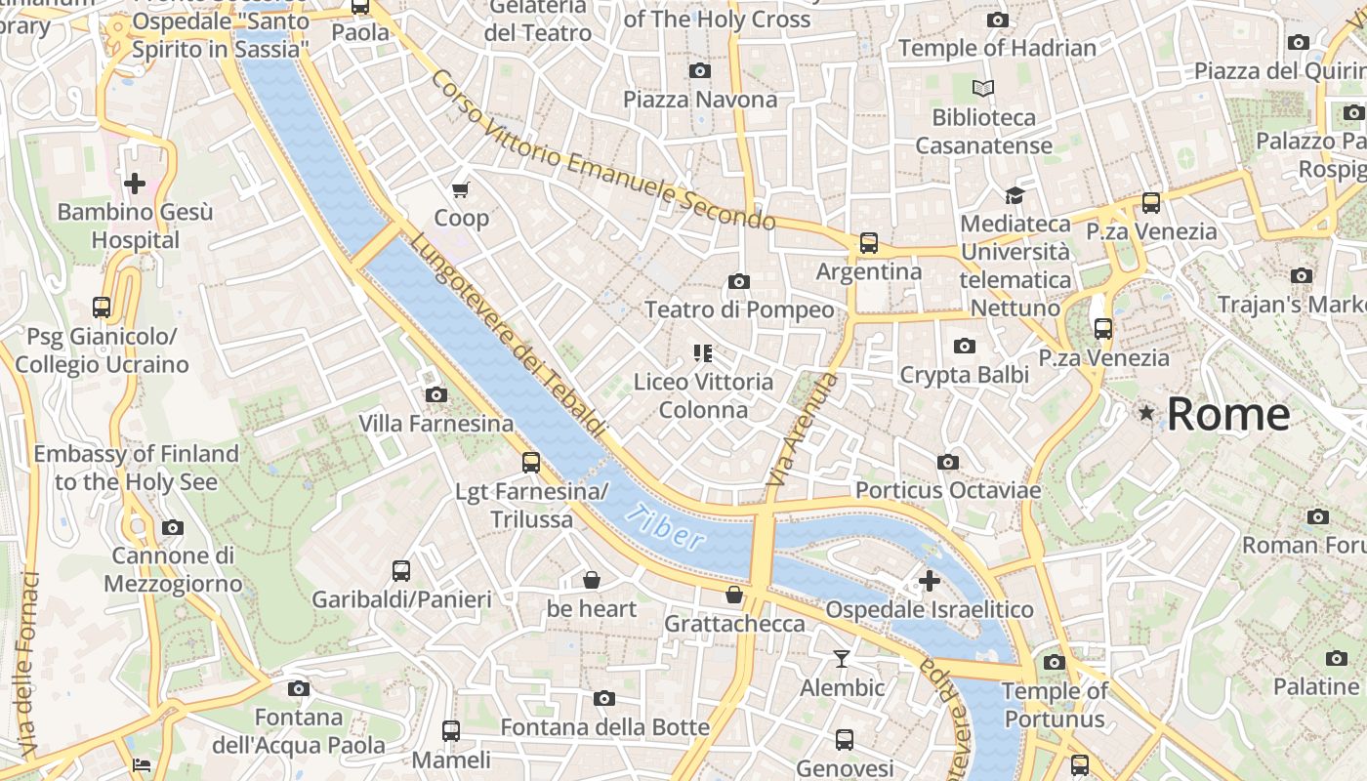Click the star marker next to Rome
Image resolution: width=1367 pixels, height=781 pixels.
click(x=1146, y=414)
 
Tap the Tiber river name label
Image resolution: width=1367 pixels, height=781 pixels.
click(x=665, y=527)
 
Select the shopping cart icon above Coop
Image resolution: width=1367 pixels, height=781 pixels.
click(x=460, y=188)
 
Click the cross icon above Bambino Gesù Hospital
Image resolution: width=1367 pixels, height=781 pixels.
click(x=135, y=183)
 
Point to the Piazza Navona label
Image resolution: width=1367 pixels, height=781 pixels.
click(x=700, y=100)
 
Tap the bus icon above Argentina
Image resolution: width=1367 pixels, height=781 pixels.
click(x=868, y=243)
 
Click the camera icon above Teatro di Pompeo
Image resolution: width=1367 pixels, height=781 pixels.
click(x=739, y=282)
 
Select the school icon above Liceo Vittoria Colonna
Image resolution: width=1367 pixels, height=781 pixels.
click(x=703, y=352)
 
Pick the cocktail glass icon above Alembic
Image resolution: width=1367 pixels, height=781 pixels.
click(x=842, y=659)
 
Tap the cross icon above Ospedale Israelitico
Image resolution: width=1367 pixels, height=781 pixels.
click(x=929, y=582)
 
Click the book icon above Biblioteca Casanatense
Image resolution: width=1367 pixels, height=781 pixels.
click(x=982, y=89)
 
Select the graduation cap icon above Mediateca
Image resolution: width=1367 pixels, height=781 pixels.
click(x=1015, y=195)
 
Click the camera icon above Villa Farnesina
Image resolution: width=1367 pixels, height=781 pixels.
click(x=435, y=395)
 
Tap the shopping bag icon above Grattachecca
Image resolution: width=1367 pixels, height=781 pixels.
click(x=734, y=595)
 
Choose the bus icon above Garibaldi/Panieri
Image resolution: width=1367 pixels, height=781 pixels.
click(x=401, y=571)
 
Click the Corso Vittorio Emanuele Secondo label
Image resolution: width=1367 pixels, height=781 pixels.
click(x=602, y=150)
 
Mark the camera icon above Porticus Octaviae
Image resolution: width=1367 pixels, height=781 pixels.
click(x=947, y=462)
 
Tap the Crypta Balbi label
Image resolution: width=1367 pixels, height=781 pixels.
click(x=964, y=375)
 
